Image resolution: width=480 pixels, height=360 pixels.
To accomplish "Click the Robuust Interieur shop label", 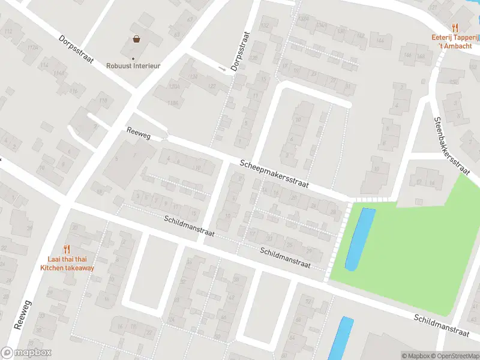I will coord(133,66).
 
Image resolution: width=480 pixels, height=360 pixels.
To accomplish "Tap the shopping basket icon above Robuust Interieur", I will coord(137,40).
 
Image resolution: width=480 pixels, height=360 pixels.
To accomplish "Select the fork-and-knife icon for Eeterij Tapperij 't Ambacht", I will coord(455,27).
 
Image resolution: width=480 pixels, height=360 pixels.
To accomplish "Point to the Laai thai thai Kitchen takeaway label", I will coord(67,264).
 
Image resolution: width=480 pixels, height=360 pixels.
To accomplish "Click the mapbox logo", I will coord(26,353).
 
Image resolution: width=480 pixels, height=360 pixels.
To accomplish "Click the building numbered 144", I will coord(379,41).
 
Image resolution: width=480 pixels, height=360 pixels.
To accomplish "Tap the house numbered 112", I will coord(8,31).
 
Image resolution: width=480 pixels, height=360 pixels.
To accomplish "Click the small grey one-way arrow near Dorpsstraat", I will coord(223,70).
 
